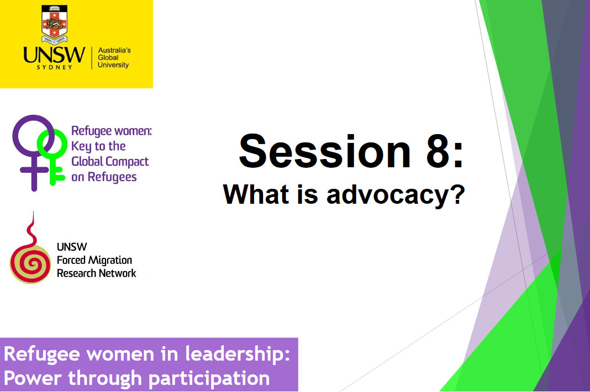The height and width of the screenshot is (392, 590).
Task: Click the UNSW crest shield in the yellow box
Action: (x=54, y=24)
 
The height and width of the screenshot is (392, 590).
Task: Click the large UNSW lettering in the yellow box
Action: (x=54, y=56)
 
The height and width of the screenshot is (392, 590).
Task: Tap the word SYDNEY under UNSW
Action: (x=54, y=68)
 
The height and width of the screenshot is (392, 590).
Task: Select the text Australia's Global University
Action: (x=113, y=57)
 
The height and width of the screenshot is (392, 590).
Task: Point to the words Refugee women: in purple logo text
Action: (x=111, y=131)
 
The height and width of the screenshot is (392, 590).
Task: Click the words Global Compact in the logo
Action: (x=110, y=162)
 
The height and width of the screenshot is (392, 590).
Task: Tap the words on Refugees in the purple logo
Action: (x=104, y=177)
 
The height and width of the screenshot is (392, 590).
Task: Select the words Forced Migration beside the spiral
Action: (x=94, y=260)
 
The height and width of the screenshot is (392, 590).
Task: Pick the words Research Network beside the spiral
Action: (x=96, y=273)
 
